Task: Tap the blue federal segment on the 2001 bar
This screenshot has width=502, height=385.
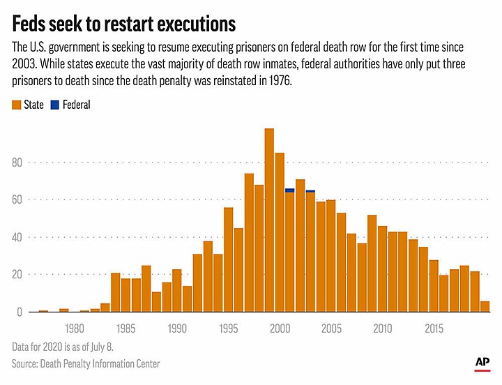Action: coord(289,190)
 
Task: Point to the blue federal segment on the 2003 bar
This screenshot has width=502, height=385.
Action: coord(310,191)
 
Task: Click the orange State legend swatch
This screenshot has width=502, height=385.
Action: coord(17,105)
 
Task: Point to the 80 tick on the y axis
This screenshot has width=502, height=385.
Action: coord(17,163)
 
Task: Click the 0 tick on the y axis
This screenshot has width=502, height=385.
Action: coord(21,312)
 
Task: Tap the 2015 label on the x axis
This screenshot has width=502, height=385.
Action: coord(434,329)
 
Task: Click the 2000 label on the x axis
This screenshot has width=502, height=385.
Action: coord(280,329)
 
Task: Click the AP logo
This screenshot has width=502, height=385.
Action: coord(480,363)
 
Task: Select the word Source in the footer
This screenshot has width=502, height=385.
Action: coord(26,363)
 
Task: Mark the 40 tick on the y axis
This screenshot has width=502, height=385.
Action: coord(17,237)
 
